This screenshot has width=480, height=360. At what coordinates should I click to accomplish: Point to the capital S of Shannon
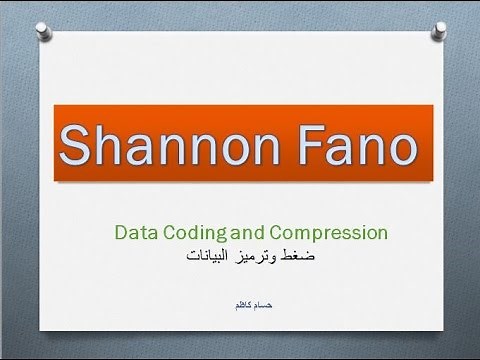click(x=78, y=146)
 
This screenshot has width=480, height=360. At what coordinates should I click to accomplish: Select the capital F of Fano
click(x=283, y=146)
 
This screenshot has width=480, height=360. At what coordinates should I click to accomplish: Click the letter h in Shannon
click(x=110, y=146)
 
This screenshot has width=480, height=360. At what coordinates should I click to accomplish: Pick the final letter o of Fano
click(x=398, y=150)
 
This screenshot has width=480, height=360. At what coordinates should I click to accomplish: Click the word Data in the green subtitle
click(x=134, y=233)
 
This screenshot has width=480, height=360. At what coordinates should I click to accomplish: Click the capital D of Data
click(x=120, y=233)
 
